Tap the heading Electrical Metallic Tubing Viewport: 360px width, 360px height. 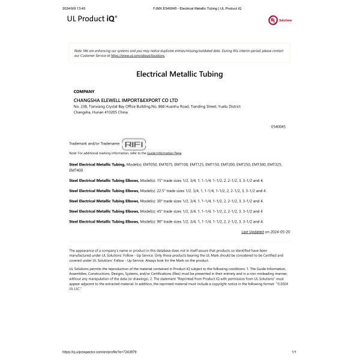pyautogui.click(x=179, y=74)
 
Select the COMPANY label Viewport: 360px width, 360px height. pyautogui.click(x=84, y=91)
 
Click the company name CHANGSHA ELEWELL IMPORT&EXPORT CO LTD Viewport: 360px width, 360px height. pyautogui.click(x=126, y=100)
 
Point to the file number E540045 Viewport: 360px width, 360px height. pyautogui.click(x=278, y=127)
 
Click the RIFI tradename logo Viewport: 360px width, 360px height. pyautogui.click(x=134, y=144)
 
